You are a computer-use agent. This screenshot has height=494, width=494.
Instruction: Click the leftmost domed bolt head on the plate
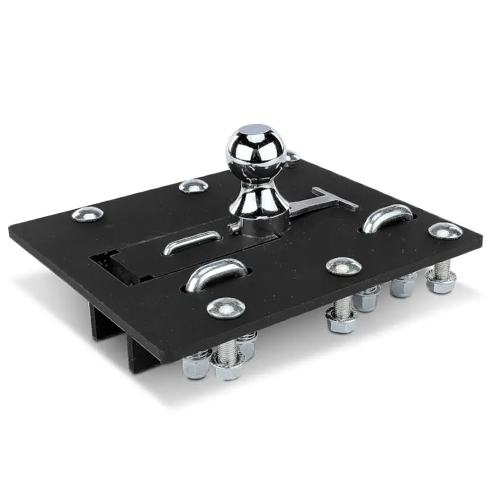[x=88, y=214]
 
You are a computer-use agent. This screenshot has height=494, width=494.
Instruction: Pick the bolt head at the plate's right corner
[x=445, y=230]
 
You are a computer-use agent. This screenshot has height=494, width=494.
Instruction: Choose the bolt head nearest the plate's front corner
[x=226, y=307]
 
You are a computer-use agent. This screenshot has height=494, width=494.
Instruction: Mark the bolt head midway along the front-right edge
[x=344, y=266]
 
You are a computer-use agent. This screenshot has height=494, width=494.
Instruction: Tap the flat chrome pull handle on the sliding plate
[x=192, y=242]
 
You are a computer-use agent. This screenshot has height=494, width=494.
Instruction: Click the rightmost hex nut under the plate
[x=440, y=282]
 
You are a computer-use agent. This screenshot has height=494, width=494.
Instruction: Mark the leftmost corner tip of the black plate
[x=10, y=229]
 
